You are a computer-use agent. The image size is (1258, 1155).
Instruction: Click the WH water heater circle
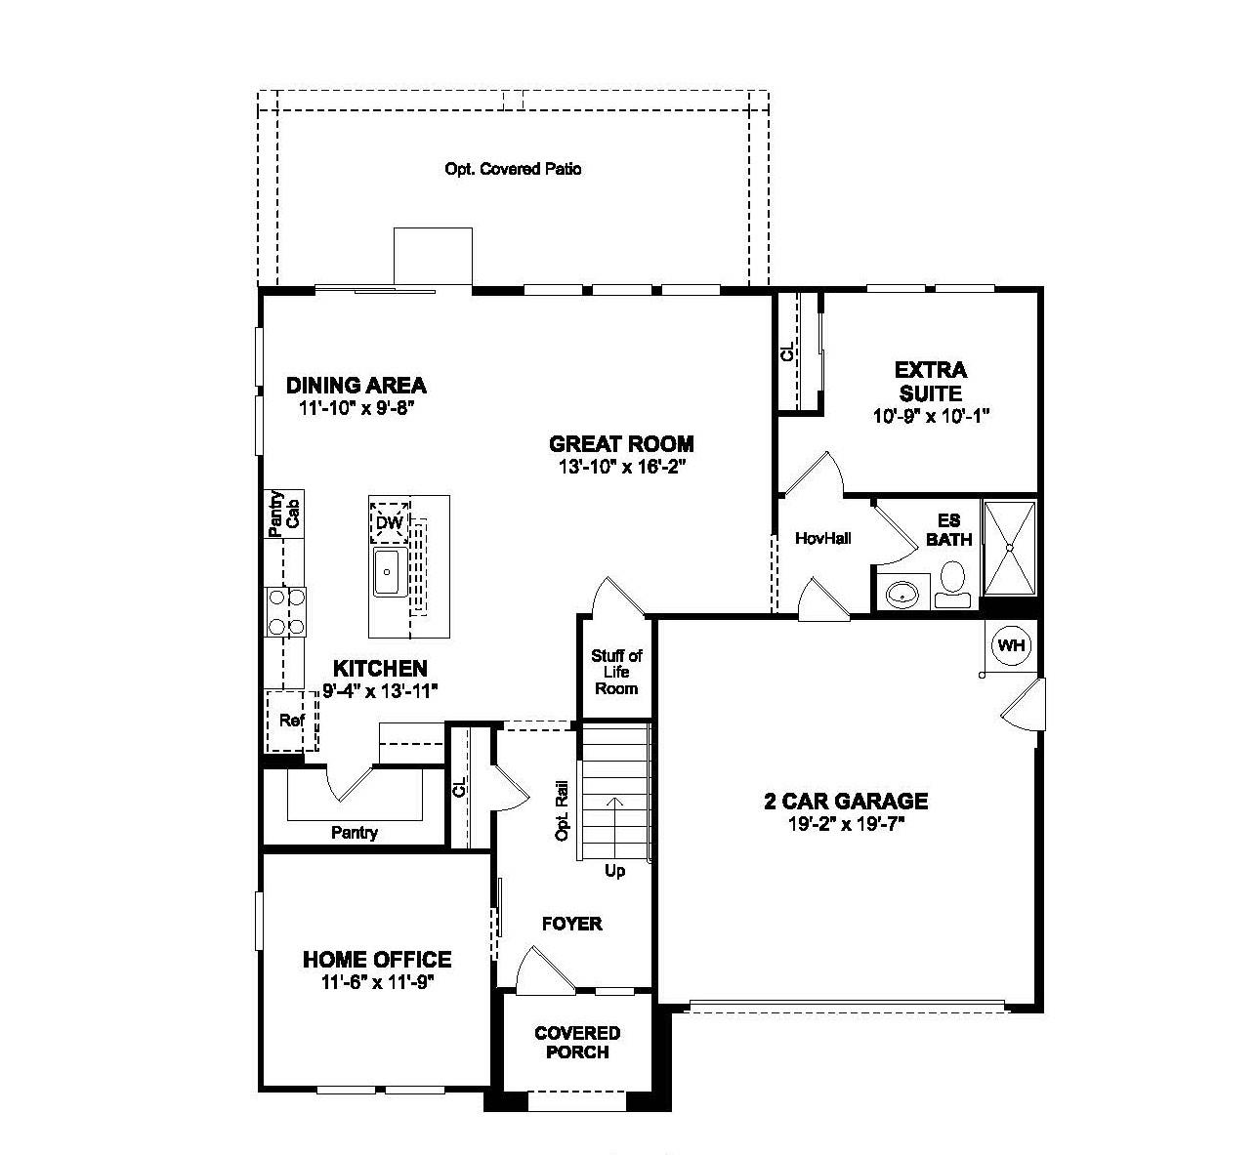point(1011,645)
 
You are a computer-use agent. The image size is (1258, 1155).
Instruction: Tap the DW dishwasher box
point(390,522)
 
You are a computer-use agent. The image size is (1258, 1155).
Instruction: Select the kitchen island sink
point(390,572)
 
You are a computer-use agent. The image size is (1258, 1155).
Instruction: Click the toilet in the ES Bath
point(952,585)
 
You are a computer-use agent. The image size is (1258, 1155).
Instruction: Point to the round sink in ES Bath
point(902,592)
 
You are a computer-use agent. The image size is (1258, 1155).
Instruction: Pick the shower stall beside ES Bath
point(1009,548)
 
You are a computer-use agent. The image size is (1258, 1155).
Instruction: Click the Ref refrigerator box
point(291,721)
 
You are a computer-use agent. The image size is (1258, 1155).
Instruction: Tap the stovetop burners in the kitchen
point(284,611)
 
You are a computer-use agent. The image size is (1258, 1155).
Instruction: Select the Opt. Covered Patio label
point(513,169)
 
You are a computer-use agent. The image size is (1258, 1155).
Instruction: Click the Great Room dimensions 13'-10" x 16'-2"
point(621,467)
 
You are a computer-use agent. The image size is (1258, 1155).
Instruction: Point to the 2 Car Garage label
point(845,802)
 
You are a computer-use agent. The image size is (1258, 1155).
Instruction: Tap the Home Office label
point(377,960)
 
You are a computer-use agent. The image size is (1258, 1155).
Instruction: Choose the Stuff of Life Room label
point(616,672)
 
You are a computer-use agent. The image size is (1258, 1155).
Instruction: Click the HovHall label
point(822,538)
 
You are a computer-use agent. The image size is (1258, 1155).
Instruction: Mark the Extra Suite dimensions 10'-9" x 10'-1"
point(931,416)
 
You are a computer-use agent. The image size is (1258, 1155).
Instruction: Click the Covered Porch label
point(577,1042)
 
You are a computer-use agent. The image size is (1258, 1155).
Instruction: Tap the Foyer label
point(572,924)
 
